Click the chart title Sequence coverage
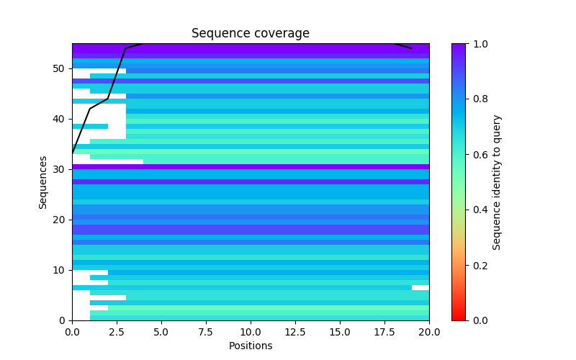click(250, 34)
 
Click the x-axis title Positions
click(250, 346)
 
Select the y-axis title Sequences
click(43, 182)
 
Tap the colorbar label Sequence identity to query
click(497, 182)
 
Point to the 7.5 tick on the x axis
click(206, 333)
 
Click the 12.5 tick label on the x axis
click(295, 333)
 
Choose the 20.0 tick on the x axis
click(429, 333)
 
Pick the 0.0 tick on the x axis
click(72, 333)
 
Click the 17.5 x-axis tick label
click(384, 333)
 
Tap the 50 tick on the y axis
click(59, 68)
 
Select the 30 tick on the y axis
click(59, 169)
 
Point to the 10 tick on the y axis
click(59, 270)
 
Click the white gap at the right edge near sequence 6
click(420, 287)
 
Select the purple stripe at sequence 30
click(250, 166)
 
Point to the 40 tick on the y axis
click(59, 119)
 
